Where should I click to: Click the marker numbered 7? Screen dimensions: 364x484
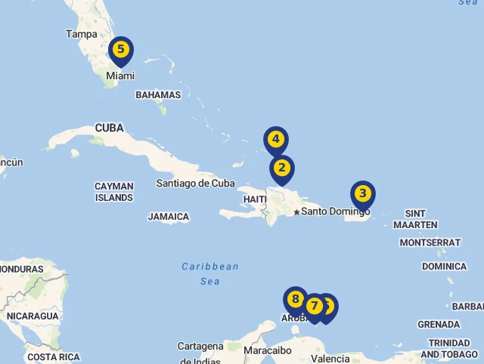point(312,307)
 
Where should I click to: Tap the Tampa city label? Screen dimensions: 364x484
point(82,34)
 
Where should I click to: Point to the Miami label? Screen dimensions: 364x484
point(120,76)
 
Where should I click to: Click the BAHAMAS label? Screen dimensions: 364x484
point(158,95)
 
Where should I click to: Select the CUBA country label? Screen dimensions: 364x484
point(109,128)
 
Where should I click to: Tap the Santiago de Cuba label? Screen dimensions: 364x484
point(196,183)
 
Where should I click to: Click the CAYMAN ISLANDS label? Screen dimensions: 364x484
point(114,192)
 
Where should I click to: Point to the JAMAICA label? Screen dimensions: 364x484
point(168,217)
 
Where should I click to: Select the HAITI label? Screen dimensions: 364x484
point(255,199)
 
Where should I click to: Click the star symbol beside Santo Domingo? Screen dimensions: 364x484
point(296,212)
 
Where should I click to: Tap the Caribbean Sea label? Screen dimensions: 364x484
point(210,273)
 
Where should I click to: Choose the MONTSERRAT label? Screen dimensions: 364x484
point(430,242)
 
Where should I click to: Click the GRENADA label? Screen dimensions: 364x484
point(439,325)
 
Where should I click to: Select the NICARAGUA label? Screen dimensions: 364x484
point(33,316)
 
